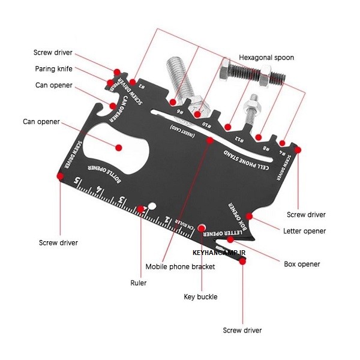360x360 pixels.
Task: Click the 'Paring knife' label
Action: click(x=53, y=68)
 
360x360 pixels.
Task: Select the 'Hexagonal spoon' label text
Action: click(x=266, y=58)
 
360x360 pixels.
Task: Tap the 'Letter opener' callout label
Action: click(x=304, y=231)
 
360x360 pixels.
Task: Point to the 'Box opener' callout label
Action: click(x=301, y=264)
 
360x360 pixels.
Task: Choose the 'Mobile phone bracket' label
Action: click(x=180, y=266)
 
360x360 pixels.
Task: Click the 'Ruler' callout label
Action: click(x=139, y=282)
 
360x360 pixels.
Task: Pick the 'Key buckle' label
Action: click(x=200, y=296)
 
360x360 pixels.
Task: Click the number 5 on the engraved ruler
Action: click(x=77, y=180)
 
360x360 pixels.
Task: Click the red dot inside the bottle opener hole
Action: click(x=118, y=147)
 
